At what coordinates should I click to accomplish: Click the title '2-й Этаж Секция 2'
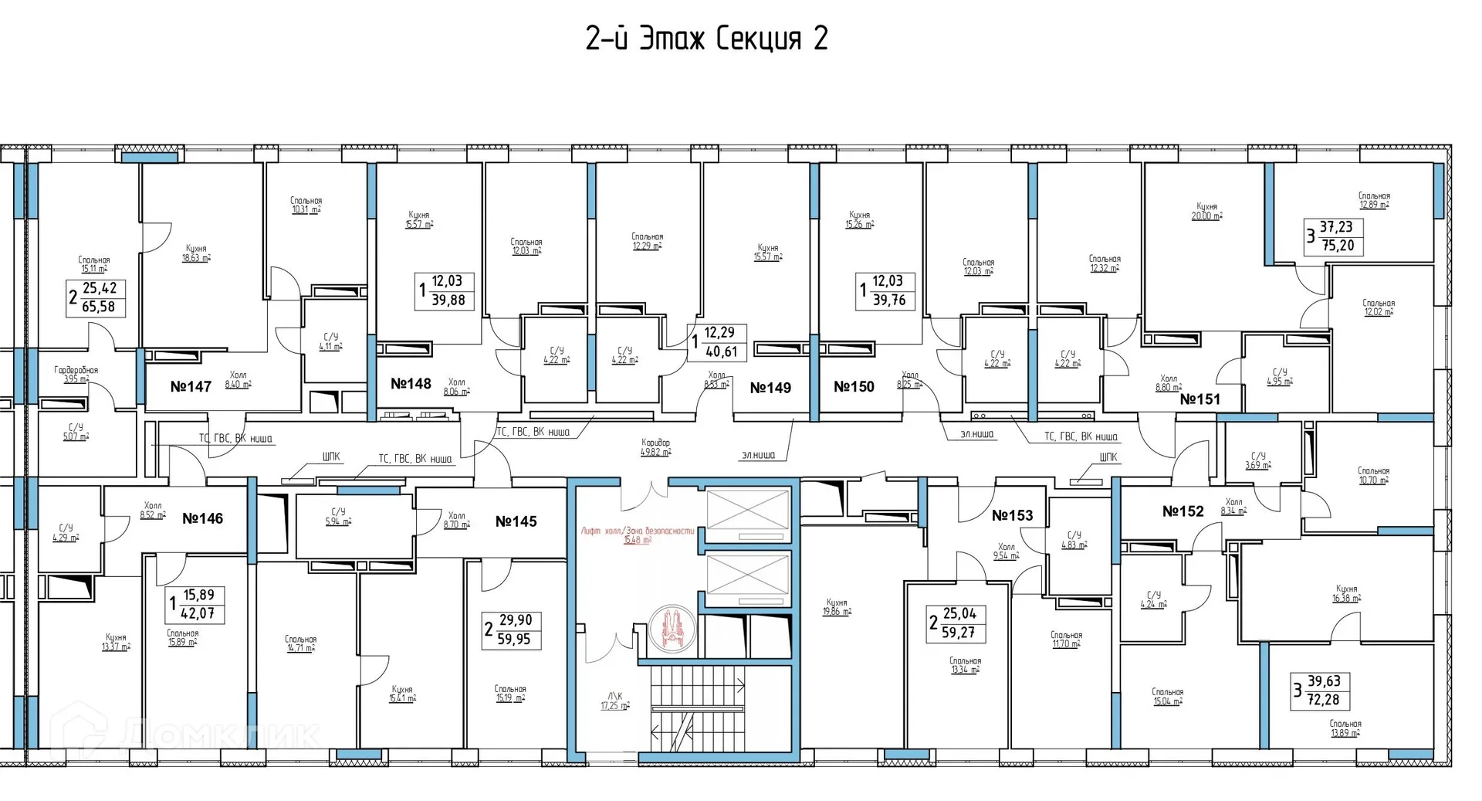tap(706, 39)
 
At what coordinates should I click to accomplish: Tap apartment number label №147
tap(191, 386)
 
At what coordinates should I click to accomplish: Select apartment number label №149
tap(770, 388)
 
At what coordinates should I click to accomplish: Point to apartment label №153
tap(1012, 515)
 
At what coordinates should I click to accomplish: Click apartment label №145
tap(516, 521)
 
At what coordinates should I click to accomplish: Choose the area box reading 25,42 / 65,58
tap(97, 297)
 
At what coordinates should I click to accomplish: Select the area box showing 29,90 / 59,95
tap(512, 630)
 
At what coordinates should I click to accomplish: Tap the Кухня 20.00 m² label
tap(1206, 212)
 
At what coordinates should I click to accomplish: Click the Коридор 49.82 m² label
tap(655, 447)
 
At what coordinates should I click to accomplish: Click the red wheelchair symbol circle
tap(672, 628)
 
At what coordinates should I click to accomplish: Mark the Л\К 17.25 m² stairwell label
tap(615, 701)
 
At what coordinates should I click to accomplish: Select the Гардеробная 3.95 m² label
tap(76, 375)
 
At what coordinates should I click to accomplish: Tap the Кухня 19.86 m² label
tap(837, 607)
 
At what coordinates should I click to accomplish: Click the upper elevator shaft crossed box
tap(748, 514)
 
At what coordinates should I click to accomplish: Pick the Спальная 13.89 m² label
tap(1345, 728)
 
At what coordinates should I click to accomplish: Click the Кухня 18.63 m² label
tap(196, 253)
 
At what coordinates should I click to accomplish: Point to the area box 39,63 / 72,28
tap(1321, 691)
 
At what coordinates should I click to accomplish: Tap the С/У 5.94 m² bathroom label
tap(338, 516)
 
